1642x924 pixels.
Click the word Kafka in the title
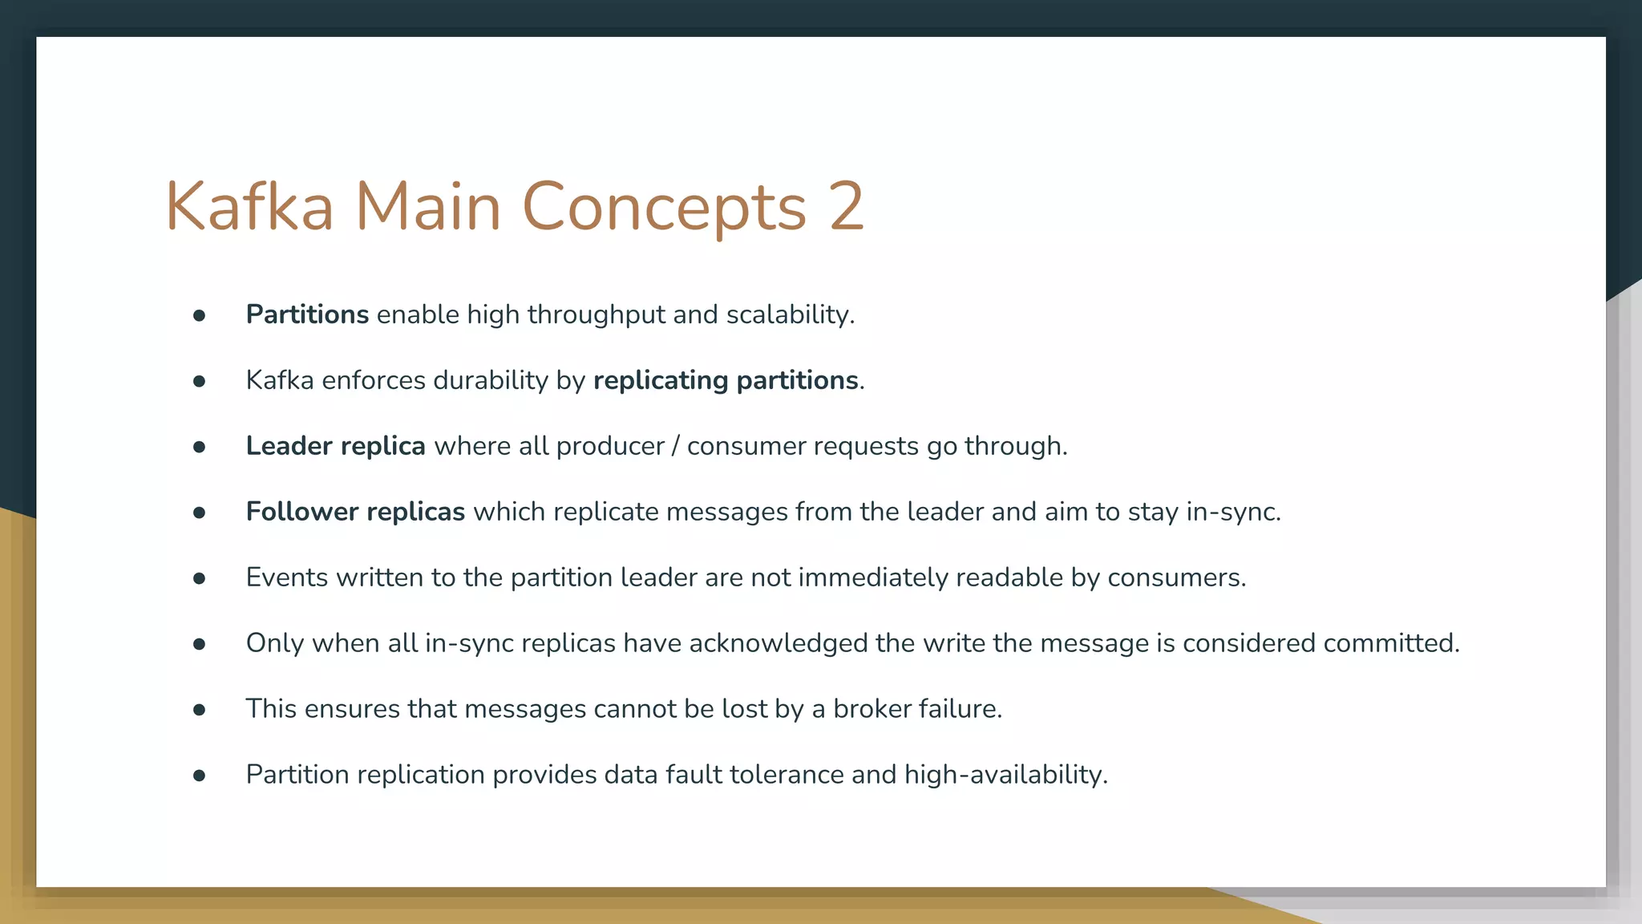click(x=249, y=207)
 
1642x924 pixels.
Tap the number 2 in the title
click(x=847, y=207)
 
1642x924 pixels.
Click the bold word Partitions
click(x=307, y=314)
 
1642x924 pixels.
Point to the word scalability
click(x=790, y=314)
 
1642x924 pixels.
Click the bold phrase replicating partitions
click(x=726, y=380)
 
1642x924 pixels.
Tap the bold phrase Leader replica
click(x=335, y=446)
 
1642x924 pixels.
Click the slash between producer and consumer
click(x=676, y=446)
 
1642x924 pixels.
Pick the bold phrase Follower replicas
click(x=355, y=512)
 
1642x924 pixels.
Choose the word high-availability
click(x=1005, y=775)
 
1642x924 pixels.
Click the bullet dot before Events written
click(x=200, y=578)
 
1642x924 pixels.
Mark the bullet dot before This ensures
click(x=200, y=710)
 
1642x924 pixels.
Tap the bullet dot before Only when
click(x=200, y=644)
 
